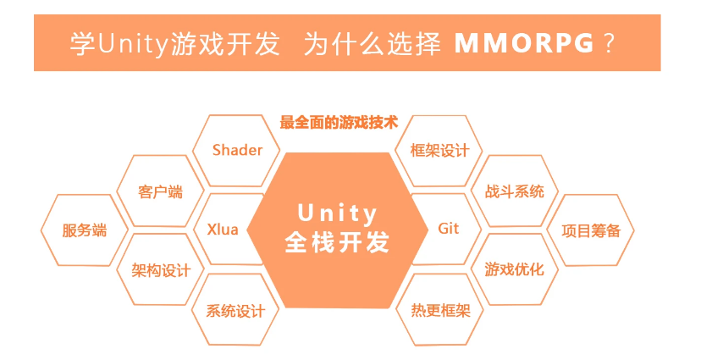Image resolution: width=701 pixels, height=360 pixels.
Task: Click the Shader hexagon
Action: (237, 151)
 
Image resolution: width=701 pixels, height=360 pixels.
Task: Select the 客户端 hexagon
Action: (160, 191)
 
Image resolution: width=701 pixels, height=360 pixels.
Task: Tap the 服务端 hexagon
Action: (85, 230)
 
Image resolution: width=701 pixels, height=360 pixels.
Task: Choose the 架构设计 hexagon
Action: (161, 270)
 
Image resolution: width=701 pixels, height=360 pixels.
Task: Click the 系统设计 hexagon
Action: (235, 310)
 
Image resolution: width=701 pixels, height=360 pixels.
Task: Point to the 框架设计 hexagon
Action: (439, 151)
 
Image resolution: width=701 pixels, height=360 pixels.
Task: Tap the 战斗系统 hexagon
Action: (515, 191)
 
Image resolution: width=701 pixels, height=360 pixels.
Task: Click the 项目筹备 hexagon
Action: (592, 230)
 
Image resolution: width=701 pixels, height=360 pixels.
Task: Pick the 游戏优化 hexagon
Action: (515, 270)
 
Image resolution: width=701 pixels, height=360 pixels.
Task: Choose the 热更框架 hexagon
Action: (439, 310)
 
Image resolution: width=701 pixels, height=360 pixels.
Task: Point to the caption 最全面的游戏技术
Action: (338, 122)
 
